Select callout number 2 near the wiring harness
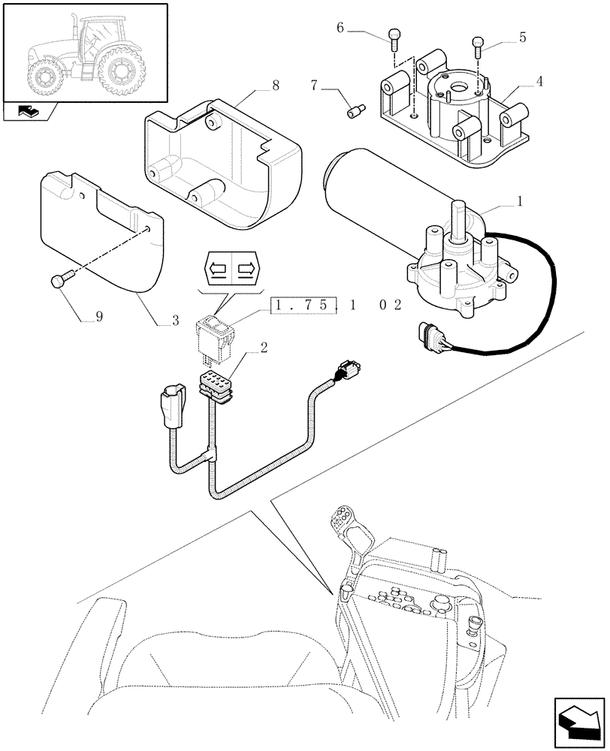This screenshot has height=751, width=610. [x=264, y=348]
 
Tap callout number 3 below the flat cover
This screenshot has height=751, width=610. [x=175, y=321]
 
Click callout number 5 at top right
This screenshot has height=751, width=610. [x=521, y=36]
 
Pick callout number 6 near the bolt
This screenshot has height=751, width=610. [x=340, y=29]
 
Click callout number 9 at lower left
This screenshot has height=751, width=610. [x=98, y=318]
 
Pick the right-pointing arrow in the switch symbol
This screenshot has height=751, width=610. [x=245, y=267]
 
